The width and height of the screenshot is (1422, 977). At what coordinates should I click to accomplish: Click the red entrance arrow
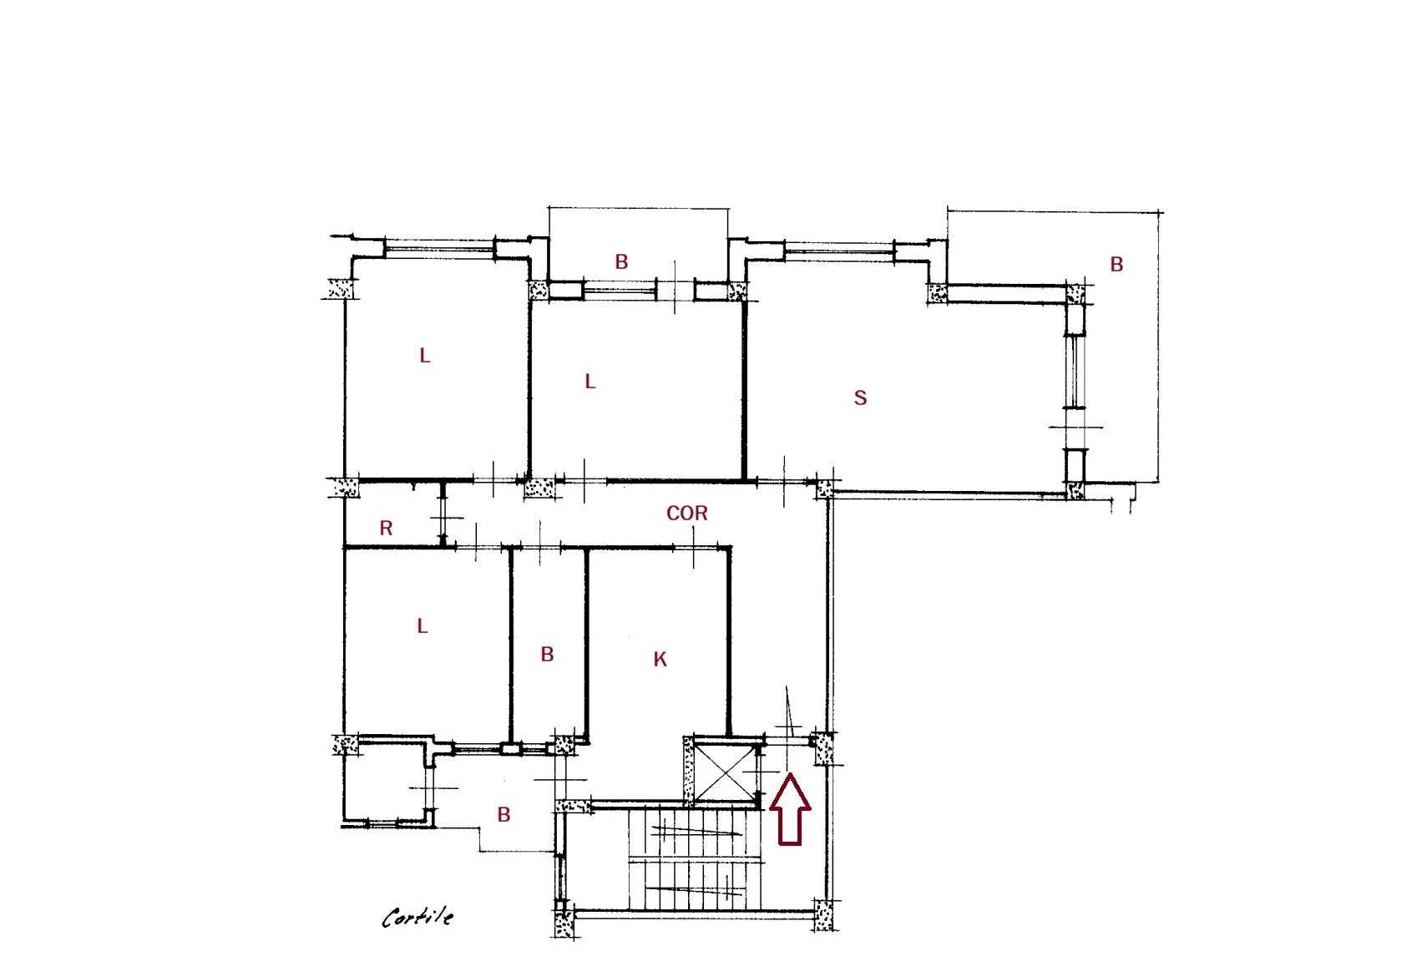coord(789,809)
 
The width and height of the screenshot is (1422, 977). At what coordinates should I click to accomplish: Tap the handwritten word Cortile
coord(417,918)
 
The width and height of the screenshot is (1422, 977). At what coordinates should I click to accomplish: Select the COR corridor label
coord(686,514)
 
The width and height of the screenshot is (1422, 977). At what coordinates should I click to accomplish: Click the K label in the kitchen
coord(660,660)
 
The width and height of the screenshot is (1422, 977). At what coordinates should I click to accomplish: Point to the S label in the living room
coord(860,398)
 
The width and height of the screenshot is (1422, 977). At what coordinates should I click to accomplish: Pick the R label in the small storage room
coord(386,528)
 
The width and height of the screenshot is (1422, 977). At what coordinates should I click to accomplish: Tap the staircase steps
coord(693,860)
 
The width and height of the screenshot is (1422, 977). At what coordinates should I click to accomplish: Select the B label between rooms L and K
coord(547,654)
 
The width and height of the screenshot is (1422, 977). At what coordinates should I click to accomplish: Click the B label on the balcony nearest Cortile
coord(504,814)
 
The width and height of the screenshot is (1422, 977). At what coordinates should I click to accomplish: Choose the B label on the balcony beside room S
coord(1116,265)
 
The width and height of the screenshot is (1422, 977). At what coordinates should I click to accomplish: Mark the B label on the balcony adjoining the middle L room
coord(621,261)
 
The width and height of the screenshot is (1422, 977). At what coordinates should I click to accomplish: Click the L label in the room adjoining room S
coord(590,382)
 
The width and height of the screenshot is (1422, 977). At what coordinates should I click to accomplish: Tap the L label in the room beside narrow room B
coord(422,625)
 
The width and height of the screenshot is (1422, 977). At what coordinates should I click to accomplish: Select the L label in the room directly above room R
coord(425,356)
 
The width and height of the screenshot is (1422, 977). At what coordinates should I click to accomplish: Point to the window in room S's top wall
coord(840,247)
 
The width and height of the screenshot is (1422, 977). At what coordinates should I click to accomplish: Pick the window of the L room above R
coord(439,247)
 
